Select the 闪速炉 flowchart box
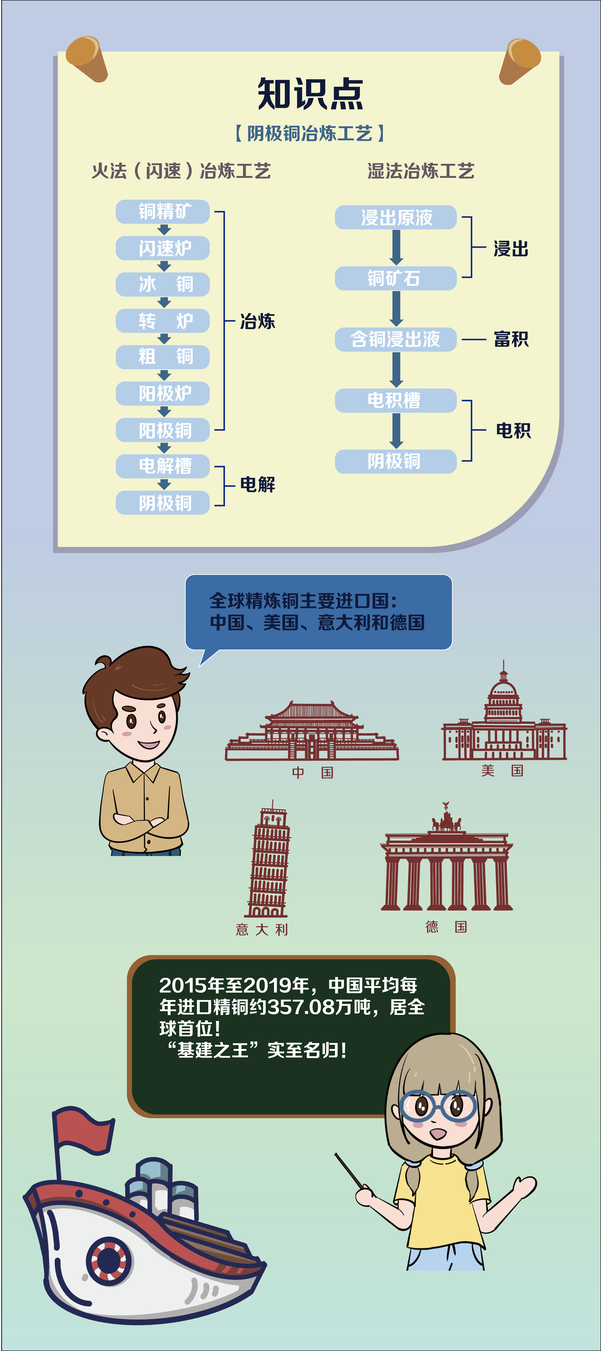tap(163, 248)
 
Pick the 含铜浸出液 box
tap(396, 339)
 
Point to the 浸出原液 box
tap(396, 217)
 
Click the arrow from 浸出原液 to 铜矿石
tap(396, 247)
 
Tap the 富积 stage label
tap(511, 339)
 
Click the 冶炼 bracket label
tap(257, 321)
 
